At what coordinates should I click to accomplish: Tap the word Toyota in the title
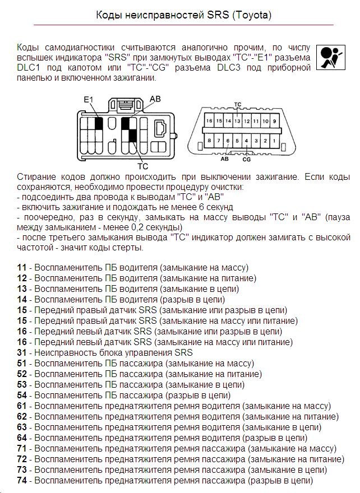[252, 16]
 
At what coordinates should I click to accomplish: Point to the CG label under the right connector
[246, 159]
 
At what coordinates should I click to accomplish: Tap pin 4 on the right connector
[237, 141]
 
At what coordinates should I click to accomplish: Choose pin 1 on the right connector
[266, 141]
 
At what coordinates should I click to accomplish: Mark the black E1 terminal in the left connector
[98, 124]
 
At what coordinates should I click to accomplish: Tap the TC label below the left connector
[142, 166]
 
